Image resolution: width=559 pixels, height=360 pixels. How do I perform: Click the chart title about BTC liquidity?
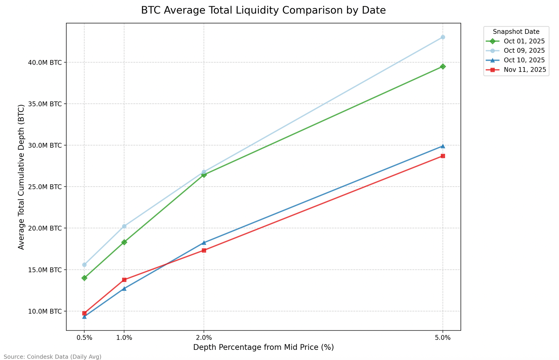pos(263,10)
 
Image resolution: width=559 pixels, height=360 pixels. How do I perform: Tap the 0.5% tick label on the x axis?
pos(84,338)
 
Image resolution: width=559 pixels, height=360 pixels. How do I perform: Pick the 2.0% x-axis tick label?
pos(204,338)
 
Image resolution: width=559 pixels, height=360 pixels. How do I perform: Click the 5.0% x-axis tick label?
pos(443,338)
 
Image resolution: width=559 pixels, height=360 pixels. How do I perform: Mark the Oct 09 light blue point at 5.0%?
pos(443,37)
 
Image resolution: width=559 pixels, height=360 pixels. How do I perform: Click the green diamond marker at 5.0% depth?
pos(443,66)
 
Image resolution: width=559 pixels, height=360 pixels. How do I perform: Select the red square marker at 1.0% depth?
pos(124,280)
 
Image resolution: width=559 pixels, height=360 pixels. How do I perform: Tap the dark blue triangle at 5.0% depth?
pos(443,146)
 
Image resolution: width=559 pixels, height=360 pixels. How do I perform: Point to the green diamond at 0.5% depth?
pos(84,278)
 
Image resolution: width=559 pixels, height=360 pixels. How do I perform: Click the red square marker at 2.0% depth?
pos(204,250)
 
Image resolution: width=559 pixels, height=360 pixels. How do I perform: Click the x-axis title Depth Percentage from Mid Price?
pos(263,347)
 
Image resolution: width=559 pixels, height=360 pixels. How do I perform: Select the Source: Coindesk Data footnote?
pos(52,357)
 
